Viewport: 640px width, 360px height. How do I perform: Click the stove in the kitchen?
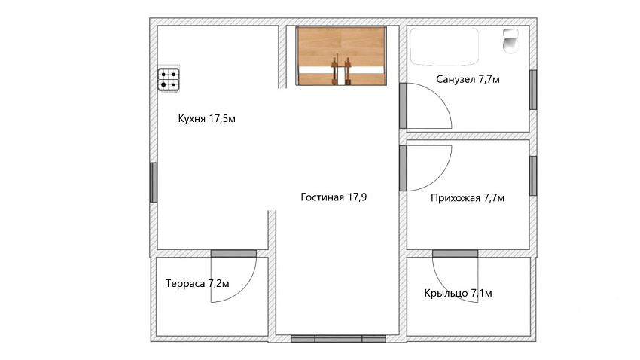[169, 79]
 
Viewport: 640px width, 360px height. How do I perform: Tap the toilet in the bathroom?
[510, 41]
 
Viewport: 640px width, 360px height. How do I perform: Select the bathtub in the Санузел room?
[444, 46]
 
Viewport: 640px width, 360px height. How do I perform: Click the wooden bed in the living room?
[341, 56]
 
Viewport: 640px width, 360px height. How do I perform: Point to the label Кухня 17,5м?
[207, 119]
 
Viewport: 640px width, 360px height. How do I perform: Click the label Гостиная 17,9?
[334, 197]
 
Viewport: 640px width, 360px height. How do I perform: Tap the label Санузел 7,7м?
[468, 79]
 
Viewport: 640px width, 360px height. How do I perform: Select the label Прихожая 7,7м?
[468, 198]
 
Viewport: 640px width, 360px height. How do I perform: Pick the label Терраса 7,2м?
[197, 283]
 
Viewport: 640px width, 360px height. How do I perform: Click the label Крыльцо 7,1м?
[458, 293]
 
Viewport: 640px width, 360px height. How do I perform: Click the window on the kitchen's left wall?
[154, 182]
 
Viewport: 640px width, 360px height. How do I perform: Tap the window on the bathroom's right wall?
[533, 90]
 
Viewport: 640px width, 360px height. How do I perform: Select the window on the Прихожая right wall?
[533, 176]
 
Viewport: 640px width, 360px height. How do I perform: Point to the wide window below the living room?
[338, 339]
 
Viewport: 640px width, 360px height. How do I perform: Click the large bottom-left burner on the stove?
[163, 85]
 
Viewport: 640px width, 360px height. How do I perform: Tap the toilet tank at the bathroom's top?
[510, 33]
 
